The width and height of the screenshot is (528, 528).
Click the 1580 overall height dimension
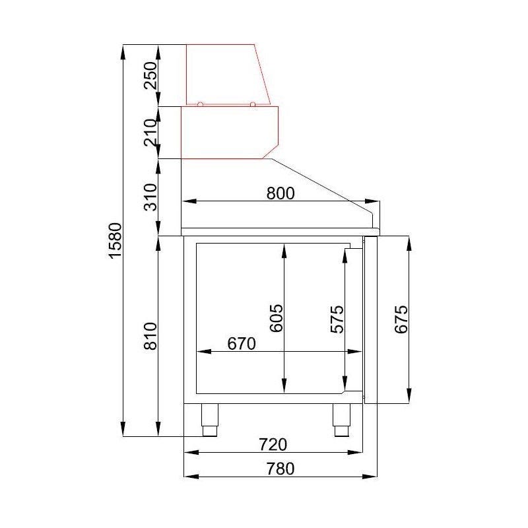(x=115, y=240)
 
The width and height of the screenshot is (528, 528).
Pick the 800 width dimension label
(x=280, y=193)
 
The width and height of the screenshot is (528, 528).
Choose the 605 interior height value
(x=277, y=318)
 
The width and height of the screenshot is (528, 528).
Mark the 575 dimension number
(x=337, y=319)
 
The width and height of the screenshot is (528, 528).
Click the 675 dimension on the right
(x=401, y=319)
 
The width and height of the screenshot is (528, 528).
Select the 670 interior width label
(x=242, y=344)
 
